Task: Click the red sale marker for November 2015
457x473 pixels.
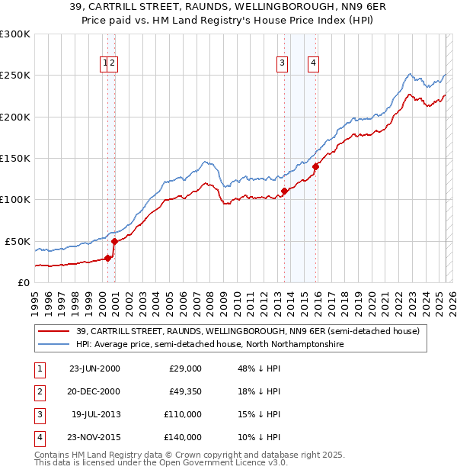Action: click(x=315, y=166)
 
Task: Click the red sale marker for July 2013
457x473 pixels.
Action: click(x=284, y=191)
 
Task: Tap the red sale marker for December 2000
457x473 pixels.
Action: click(x=114, y=241)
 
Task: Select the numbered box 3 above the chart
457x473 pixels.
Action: click(x=282, y=63)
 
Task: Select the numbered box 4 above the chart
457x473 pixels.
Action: click(x=313, y=63)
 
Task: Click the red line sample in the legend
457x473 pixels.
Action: click(x=54, y=331)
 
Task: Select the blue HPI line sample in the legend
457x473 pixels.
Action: click(x=54, y=345)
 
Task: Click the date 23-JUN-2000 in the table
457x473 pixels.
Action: click(x=94, y=368)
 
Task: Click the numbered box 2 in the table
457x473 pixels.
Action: click(x=37, y=391)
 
